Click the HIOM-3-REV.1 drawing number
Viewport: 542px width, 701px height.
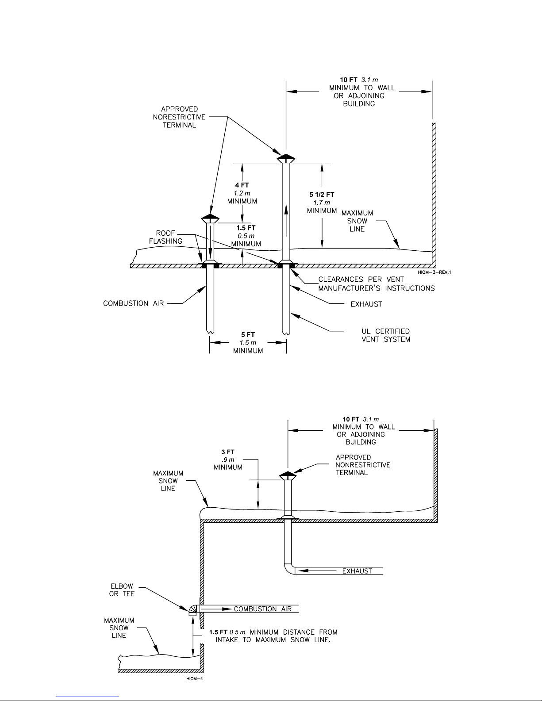coord(434,272)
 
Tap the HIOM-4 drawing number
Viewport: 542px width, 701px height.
coord(195,679)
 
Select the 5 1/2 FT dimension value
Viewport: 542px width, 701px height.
coord(322,195)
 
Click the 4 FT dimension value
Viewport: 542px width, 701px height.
coord(242,185)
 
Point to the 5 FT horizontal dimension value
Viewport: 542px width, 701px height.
coord(248,335)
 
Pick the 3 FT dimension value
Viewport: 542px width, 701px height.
coord(228,452)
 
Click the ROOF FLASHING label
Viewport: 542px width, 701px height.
coord(165,237)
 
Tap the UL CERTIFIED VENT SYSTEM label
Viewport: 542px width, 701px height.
coord(386,335)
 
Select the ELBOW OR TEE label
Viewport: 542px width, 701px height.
coord(122,590)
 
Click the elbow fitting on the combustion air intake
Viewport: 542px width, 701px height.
coord(192,610)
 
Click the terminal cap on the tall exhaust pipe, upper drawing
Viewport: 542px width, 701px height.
coord(286,158)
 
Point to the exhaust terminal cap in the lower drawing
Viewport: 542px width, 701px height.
coord(288,476)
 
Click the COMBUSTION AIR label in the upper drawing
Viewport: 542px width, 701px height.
coord(133,303)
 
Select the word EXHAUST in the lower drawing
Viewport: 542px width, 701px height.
coord(357,571)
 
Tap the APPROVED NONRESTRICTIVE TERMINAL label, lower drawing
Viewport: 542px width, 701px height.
coord(363,465)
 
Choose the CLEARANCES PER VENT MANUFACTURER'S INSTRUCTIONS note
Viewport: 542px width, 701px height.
coord(377,283)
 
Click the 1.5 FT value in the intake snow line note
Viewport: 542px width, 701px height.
coord(219,632)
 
